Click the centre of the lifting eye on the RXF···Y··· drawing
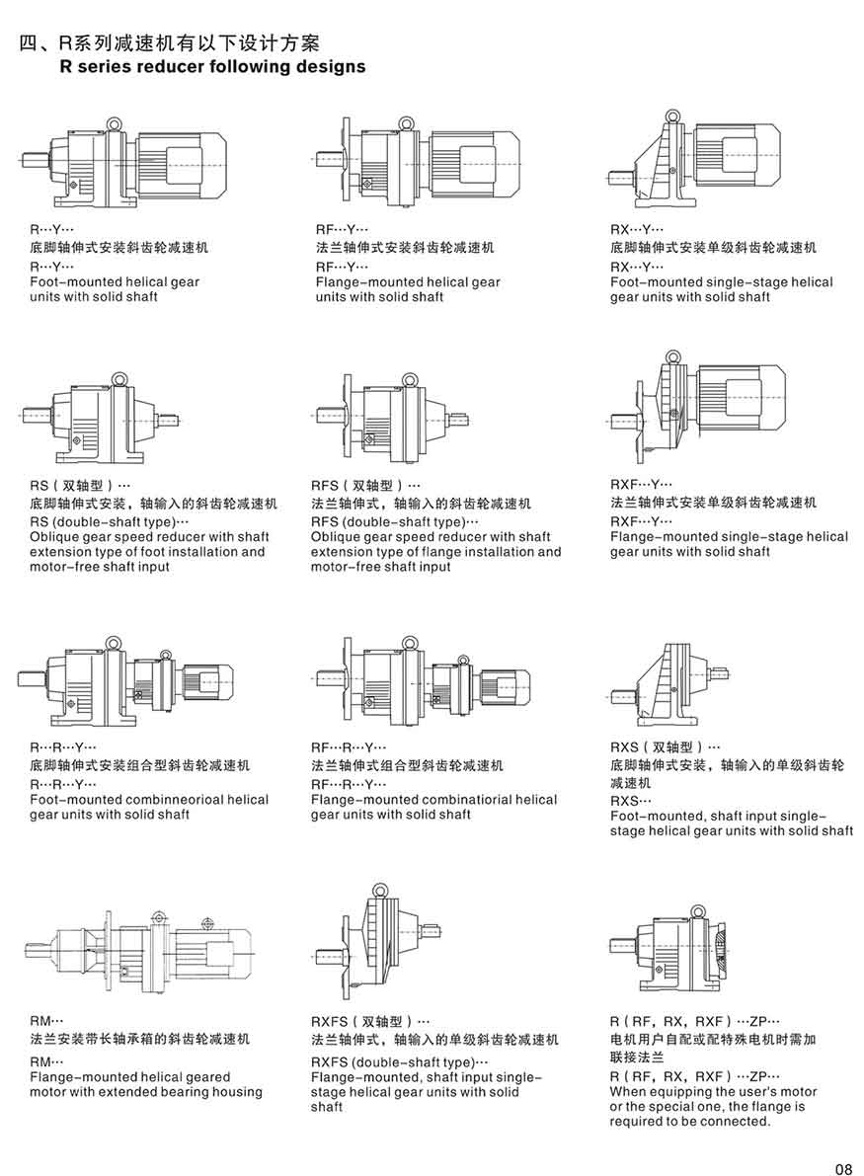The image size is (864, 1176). click(x=672, y=357)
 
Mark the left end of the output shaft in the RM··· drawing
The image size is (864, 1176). click(x=25, y=949)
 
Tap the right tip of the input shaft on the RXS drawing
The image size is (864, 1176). click(x=730, y=672)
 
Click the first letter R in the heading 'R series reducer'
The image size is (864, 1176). click(x=66, y=67)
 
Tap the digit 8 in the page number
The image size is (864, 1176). click(x=848, y=1168)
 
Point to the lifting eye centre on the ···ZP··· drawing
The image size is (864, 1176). click(x=697, y=911)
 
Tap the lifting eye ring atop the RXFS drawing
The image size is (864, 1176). click(x=380, y=891)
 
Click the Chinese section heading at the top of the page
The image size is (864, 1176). click(x=169, y=43)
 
